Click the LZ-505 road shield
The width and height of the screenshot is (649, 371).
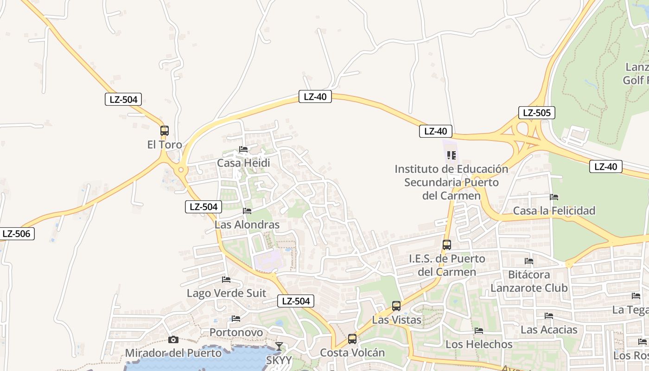pyautogui.click(x=536, y=113)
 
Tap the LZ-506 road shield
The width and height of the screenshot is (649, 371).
pyautogui.click(x=17, y=234)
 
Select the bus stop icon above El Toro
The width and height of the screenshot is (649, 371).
pyautogui.click(x=165, y=131)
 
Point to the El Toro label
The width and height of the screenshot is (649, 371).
pyautogui.click(x=165, y=145)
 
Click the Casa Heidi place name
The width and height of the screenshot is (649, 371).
pyautogui.click(x=243, y=163)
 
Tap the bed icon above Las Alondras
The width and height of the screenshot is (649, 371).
pyautogui.click(x=247, y=211)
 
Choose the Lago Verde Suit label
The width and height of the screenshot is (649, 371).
pyautogui.click(x=226, y=293)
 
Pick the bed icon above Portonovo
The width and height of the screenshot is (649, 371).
pyautogui.click(x=236, y=319)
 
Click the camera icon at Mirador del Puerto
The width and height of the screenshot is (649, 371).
pyautogui.click(x=173, y=340)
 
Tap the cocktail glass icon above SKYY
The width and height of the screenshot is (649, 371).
pyautogui.click(x=279, y=346)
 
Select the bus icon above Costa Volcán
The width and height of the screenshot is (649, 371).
pyautogui.click(x=352, y=339)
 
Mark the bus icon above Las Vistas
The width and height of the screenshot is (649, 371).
pyautogui.click(x=396, y=306)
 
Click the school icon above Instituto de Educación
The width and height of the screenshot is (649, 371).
pyautogui.click(x=452, y=155)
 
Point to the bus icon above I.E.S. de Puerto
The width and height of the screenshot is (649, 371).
pyautogui.click(x=447, y=245)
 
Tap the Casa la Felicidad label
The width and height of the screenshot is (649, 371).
pyautogui.click(x=554, y=211)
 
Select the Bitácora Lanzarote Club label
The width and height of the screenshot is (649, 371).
pyautogui.click(x=529, y=281)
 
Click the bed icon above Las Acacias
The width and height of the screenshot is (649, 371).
pyautogui.click(x=549, y=316)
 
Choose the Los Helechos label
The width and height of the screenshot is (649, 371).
pyautogui.click(x=479, y=345)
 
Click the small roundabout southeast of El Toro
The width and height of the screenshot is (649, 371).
pyautogui.click(x=180, y=170)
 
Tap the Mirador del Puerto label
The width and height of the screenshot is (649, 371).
pyautogui.click(x=173, y=353)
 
